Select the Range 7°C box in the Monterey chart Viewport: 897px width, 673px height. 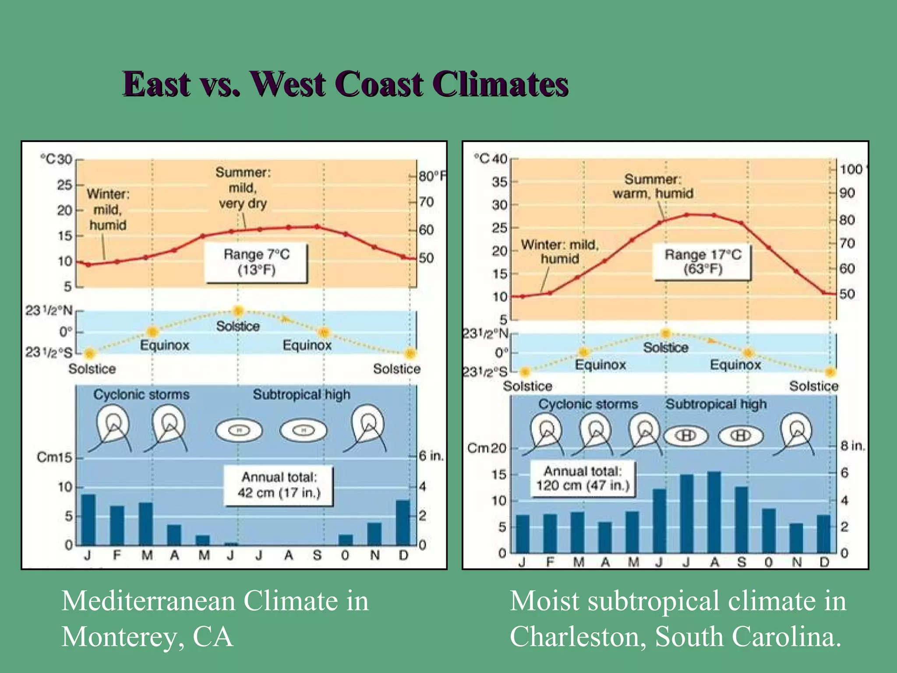click(256, 262)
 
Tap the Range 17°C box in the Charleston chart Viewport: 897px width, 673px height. click(702, 262)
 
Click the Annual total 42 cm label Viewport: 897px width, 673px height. click(279, 485)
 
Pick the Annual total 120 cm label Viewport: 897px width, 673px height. click(583, 478)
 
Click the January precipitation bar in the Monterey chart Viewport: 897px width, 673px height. click(88, 520)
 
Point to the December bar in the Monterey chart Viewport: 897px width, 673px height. click(403, 522)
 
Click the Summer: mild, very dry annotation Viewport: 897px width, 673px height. click(243, 188)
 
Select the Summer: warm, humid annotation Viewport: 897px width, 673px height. click(653, 186)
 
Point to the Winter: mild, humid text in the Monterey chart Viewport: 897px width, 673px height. click(108, 209)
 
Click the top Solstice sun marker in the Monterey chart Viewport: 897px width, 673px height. click(238, 311)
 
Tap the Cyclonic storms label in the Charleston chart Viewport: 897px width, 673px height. click(588, 404)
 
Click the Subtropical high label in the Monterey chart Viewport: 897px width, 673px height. click(301, 394)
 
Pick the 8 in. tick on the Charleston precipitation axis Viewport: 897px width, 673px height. click(852, 446)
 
